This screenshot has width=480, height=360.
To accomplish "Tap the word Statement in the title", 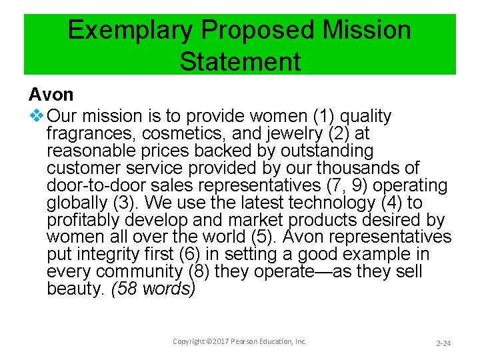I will click(x=240, y=61).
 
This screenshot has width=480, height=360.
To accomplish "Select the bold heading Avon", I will click(x=51, y=93).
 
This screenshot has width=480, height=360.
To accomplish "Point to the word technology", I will click(x=316, y=203).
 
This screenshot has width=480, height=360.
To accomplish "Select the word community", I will click(x=139, y=272).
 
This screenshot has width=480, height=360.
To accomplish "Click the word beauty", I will click(x=74, y=289).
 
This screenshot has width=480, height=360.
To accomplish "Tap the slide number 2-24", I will click(x=443, y=343).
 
